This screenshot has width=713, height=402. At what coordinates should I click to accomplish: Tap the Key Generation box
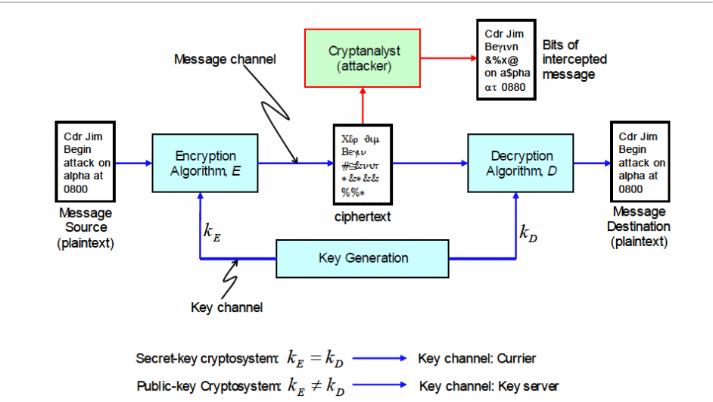[363, 258]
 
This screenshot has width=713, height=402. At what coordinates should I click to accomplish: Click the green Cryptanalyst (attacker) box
[363, 58]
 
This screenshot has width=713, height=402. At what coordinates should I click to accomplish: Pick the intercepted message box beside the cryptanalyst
[506, 60]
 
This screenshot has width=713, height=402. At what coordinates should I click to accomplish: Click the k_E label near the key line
[212, 232]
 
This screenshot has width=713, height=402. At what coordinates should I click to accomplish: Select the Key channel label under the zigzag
[227, 307]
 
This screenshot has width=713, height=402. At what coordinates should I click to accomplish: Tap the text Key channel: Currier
[476, 358]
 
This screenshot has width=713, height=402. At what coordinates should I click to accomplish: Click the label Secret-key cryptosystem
[208, 358]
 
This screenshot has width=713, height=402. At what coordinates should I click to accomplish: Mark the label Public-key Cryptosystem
[208, 386]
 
